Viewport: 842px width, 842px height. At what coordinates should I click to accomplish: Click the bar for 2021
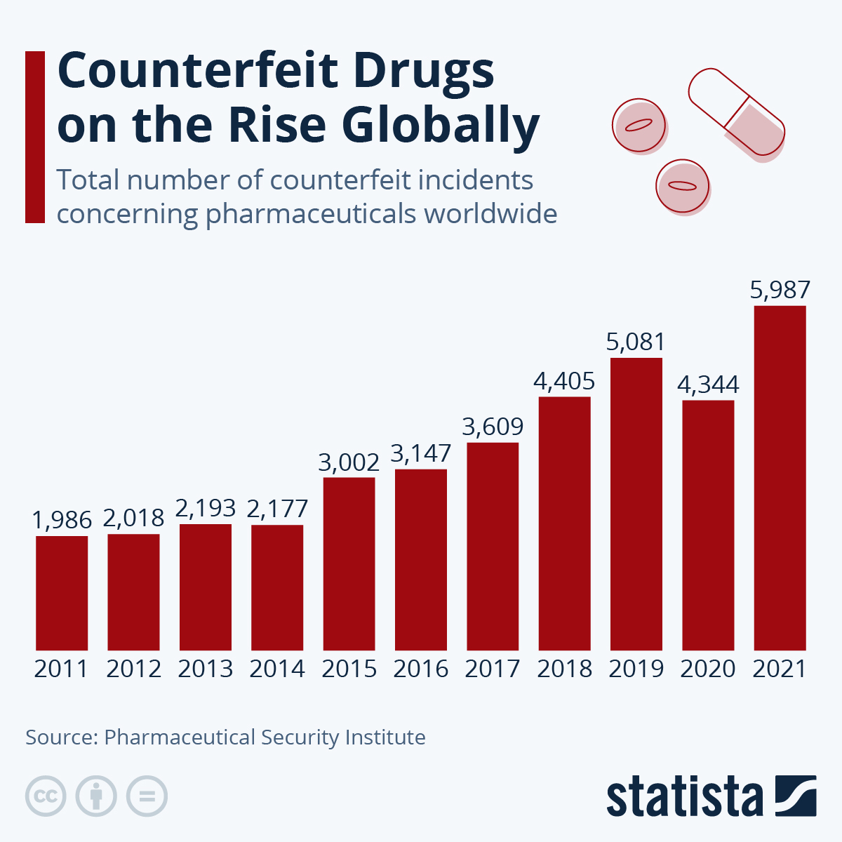coord(780,477)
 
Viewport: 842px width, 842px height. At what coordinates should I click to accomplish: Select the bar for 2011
coord(62,593)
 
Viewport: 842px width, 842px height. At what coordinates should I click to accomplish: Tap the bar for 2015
coord(349,563)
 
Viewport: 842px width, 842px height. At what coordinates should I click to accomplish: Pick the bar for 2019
coord(636,504)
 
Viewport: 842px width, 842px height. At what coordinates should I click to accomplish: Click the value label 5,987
coord(780,290)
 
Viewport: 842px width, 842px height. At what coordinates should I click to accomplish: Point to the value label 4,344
coord(708,385)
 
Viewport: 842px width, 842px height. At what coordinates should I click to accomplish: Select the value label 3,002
coord(349,462)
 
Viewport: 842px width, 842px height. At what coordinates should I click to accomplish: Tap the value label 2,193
coord(206,508)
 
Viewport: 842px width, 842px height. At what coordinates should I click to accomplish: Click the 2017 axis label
coord(493,669)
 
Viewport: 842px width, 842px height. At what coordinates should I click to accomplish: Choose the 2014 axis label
coord(277,669)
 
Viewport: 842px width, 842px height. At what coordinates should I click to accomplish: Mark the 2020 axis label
coord(708,669)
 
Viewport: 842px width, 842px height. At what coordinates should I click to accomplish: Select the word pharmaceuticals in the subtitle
coord(312,213)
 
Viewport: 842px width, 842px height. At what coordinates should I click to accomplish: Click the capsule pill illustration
coord(735,112)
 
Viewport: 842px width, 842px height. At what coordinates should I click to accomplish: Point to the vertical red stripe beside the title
coord(34,137)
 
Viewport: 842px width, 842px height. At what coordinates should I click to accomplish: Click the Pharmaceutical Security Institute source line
coord(225,737)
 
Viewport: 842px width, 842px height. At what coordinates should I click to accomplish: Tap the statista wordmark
coord(684,798)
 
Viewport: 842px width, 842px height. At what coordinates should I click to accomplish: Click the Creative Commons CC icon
coord(46,796)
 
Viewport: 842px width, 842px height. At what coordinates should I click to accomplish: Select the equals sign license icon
coord(147,796)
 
